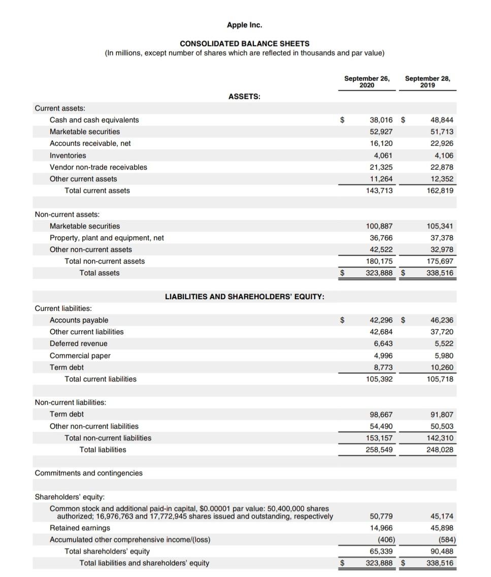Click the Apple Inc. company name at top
(x=244, y=24)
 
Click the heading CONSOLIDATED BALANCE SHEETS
(x=244, y=44)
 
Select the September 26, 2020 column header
(x=367, y=82)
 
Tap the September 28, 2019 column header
(x=428, y=82)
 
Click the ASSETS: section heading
(x=244, y=97)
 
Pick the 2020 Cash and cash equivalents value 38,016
(x=381, y=120)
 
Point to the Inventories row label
(x=68, y=155)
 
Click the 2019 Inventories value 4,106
(x=444, y=155)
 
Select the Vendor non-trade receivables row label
(x=99, y=167)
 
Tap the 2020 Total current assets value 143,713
(x=379, y=190)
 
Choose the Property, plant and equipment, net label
(x=107, y=238)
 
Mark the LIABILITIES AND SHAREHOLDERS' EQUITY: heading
(x=245, y=297)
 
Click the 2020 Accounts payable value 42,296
(x=381, y=320)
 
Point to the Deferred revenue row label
(x=79, y=343)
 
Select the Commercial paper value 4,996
(x=383, y=356)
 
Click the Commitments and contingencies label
(x=89, y=473)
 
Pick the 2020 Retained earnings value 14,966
(x=381, y=528)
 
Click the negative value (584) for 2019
(x=445, y=539)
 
